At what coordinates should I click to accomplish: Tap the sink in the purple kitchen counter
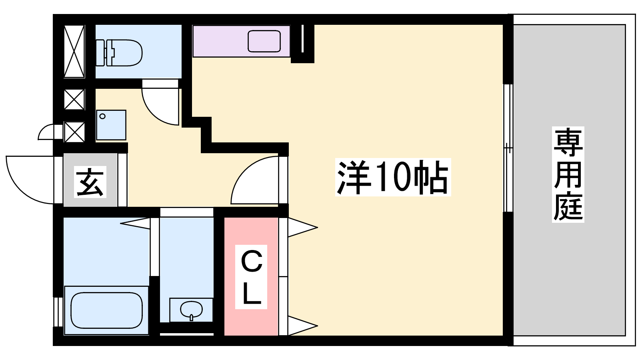264,41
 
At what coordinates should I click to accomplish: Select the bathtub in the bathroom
106,310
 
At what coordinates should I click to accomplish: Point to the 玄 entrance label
90,182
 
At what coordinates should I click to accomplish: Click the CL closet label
251,276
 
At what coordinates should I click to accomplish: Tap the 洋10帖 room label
393,177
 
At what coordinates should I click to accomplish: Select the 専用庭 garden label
568,174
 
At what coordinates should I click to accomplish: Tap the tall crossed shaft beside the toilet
74,52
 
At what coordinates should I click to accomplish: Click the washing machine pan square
111,125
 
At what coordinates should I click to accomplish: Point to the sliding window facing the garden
508,148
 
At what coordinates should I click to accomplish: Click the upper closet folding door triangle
302,228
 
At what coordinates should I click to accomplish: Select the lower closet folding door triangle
302,326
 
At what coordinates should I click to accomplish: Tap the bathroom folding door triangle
136,223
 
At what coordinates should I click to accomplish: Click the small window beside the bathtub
58,312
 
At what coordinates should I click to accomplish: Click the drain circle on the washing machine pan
102,116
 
